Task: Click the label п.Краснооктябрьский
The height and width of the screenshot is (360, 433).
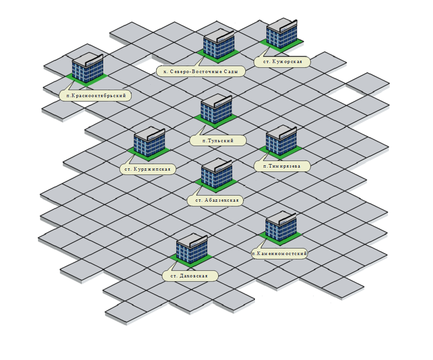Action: pyautogui.click(x=96, y=95)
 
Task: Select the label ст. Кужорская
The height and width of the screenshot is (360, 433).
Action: pyautogui.click(x=283, y=62)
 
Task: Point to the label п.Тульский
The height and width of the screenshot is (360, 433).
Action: pyautogui.click(x=218, y=140)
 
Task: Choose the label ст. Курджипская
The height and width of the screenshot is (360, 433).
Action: pyautogui.click(x=148, y=169)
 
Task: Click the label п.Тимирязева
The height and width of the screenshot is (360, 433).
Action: pyautogui.click(x=283, y=166)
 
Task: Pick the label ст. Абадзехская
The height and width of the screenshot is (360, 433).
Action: pyautogui.click(x=215, y=201)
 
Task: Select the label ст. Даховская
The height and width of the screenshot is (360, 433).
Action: pyautogui.click(x=190, y=276)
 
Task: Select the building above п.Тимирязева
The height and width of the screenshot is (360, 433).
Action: pyautogui.click(x=282, y=140)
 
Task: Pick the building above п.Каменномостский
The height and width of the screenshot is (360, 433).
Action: pyautogui.click(x=281, y=226)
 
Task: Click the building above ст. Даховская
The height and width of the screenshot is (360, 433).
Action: pyautogui.click(x=192, y=248)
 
